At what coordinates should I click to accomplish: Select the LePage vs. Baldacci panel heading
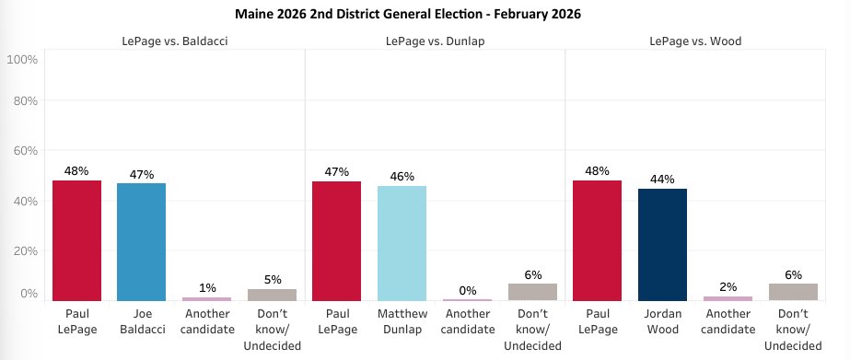point(174,40)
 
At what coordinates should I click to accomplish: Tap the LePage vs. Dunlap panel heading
point(434,40)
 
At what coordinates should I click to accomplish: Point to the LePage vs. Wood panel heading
point(694,40)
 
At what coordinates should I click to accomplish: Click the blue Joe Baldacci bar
point(141,241)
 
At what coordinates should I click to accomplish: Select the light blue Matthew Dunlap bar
point(402,243)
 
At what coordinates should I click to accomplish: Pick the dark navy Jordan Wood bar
point(662,244)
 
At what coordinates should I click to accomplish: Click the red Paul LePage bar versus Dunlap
point(336,240)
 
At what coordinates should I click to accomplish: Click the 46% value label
point(402,176)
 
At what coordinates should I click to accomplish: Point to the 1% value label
point(206,287)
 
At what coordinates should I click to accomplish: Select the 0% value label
point(467,290)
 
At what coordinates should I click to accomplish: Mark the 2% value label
point(728,286)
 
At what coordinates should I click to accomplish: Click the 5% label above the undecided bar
point(272,279)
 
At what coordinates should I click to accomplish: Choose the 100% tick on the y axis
point(21,59)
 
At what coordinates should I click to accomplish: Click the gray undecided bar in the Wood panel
point(793,291)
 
